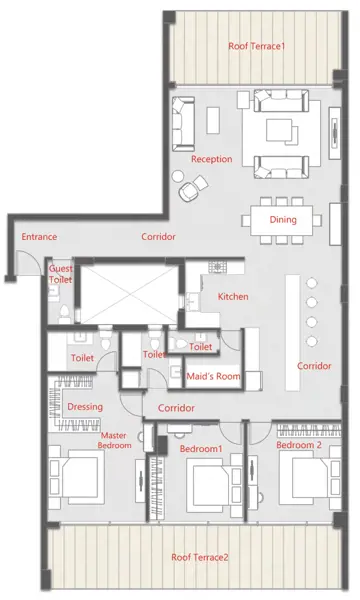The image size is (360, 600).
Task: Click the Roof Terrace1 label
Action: tap(257, 46)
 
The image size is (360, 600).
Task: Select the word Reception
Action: tap(211, 159)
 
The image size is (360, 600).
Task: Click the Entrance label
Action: tap(39, 237)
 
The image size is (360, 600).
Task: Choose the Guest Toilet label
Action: tap(61, 275)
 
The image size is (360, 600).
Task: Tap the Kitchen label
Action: tap(233, 297)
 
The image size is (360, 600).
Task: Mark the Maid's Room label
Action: tap(211, 375)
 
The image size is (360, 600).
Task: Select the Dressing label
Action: tap(85, 407)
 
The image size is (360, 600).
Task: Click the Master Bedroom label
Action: tap(114, 441)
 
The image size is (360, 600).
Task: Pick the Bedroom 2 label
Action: tap(299, 444)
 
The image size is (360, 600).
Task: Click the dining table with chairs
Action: tap(284, 220)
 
